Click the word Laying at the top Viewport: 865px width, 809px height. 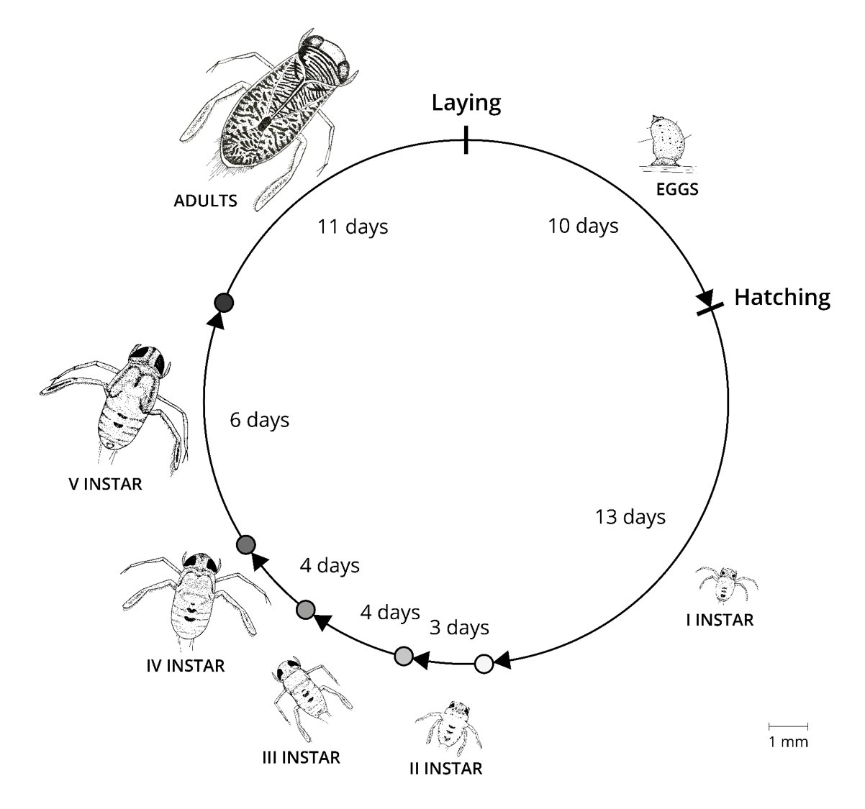pyautogui.click(x=466, y=103)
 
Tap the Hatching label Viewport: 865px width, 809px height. pyautogui.click(x=782, y=297)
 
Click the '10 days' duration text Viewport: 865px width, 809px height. pyautogui.click(x=582, y=226)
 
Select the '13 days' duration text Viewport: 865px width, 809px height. pyautogui.click(x=630, y=516)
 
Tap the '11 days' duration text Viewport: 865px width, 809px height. pyautogui.click(x=353, y=227)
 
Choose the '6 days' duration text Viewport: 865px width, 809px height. pyautogui.click(x=259, y=420)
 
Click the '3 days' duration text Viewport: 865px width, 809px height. pyautogui.click(x=459, y=627)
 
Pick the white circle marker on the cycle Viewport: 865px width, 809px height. pyautogui.click(x=484, y=664)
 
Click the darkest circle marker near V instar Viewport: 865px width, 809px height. pyautogui.click(x=224, y=303)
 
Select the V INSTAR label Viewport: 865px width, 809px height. pyautogui.click(x=105, y=484)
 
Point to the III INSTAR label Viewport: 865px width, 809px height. pyautogui.click(x=300, y=757)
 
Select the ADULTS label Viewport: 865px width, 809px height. pyautogui.click(x=205, y=201)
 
